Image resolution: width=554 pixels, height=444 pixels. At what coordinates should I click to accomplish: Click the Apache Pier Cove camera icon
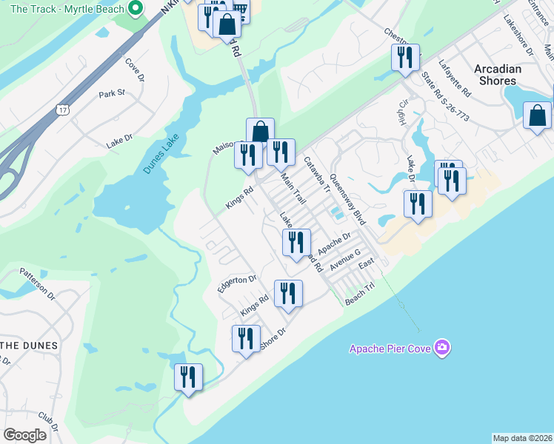pyautogui.click(x=442, y=347)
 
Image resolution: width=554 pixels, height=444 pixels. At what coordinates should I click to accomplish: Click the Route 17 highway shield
pyautogui.click(x=61, y=109)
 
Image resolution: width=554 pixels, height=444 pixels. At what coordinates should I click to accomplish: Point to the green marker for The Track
pyautogui.click(x=135, y=9)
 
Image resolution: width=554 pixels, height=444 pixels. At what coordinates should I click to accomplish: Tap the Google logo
pyautogui.click(x=25, y=435)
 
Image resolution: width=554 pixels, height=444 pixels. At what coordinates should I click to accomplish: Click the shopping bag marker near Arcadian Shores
pyautogui.click(x=537, y=116)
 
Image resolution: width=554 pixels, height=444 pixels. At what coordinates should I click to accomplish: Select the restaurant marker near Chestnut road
pyautogui.click(x=405, y=57)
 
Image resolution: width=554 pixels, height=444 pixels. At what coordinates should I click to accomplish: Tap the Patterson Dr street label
pyautogui.click(x=38, y=283)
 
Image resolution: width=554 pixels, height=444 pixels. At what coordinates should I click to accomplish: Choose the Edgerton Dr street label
pyautogui.click(x=236, y=283)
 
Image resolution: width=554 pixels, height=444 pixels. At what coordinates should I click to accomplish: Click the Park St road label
pyautogui.click(x=112, y=94)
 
